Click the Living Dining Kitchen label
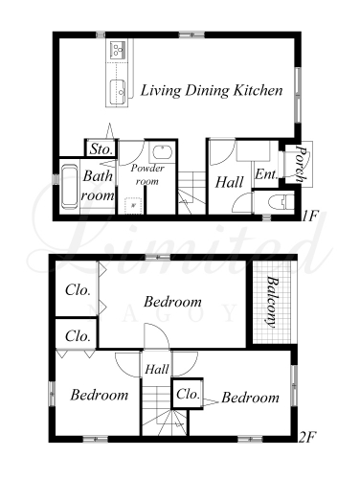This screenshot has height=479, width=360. click(212, 90)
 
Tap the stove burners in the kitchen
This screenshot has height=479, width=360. click(117, 50)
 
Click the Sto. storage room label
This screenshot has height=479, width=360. click(101, 149)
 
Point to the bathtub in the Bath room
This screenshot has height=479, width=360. click(70, 186)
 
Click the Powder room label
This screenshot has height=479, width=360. click(147, 174)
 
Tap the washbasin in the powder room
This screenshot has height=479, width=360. click(163, 152)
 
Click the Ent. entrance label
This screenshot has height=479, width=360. click(265, 174)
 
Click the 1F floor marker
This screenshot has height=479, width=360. click(310, 217)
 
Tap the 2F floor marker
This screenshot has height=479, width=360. click(307, 437)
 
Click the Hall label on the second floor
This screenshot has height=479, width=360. click(157, 370)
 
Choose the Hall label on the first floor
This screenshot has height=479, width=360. click(229, 182)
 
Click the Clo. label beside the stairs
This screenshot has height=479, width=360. click(188, 394)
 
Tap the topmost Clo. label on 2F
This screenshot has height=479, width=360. click(78, 290)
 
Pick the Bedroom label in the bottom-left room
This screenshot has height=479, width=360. click(100, 395)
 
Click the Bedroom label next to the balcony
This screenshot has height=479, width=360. click(172, 302)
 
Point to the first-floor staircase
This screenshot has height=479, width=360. click(191, 193)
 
